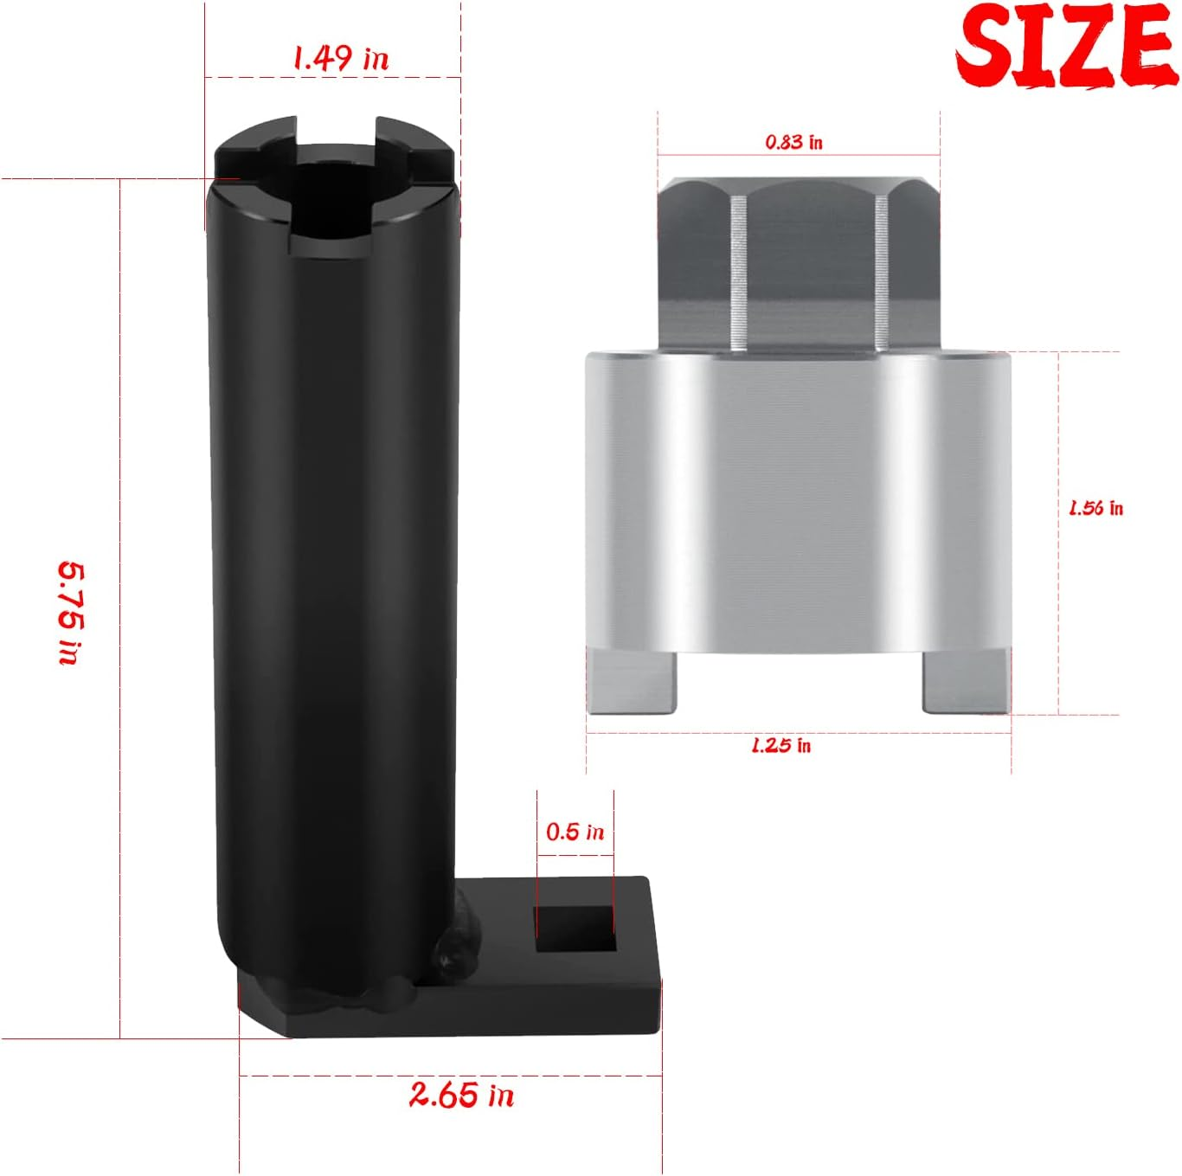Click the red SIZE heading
pos(1066,45)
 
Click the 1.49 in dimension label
pos(340,58)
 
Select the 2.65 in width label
pos(461,1095)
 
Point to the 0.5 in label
pos(575,832)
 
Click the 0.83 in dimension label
pos(793,142)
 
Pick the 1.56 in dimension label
pos(1095,508)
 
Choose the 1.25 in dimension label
pos(781,745)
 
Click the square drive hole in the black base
pos(575,929)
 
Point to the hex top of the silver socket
pos(800,260)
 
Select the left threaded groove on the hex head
pos(738,273)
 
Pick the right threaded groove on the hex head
pos(882,273)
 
